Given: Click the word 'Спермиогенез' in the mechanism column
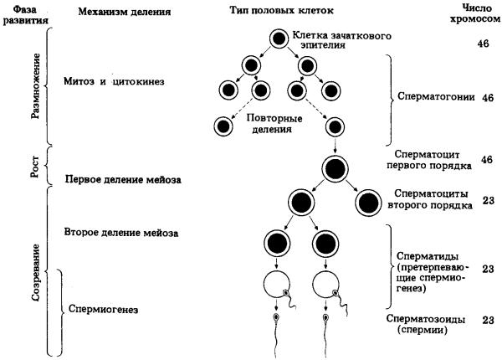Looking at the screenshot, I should pos(104,311).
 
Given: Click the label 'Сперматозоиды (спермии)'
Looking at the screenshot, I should pos(426,325).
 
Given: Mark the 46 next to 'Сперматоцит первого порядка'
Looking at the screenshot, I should pos(489,158).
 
